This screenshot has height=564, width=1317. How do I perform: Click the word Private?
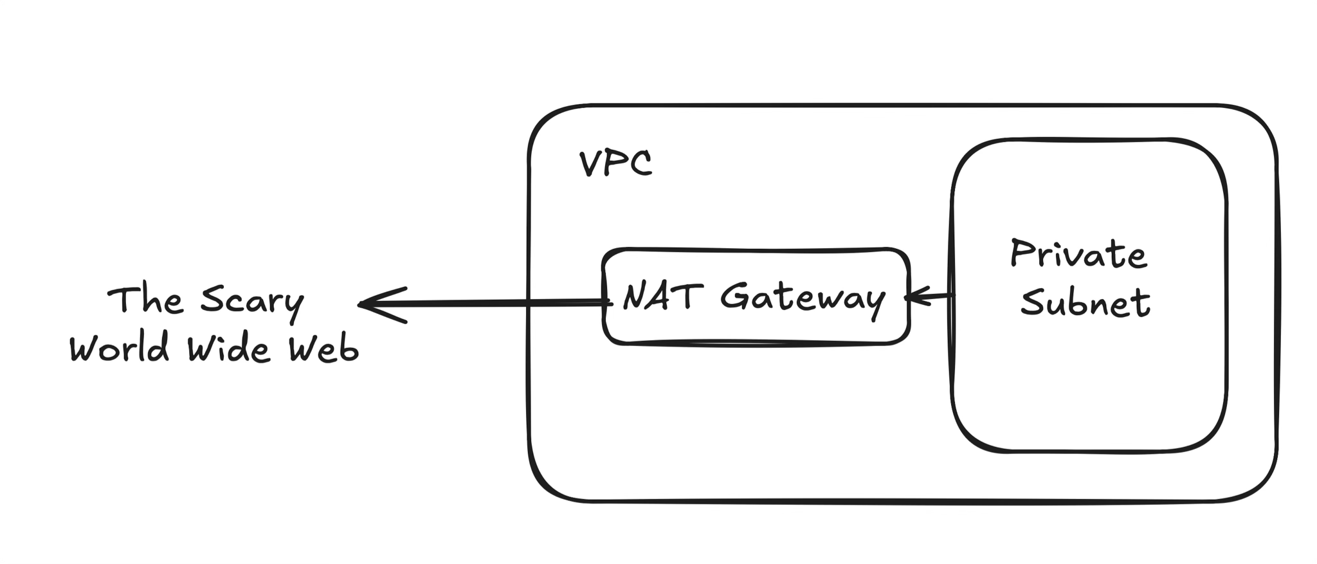(x=1078, y=255)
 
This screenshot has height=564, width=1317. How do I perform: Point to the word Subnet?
(x=1085, y=302)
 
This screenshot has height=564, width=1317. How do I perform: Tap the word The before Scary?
(x=145, y=300)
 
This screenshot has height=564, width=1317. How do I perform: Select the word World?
(x=120, y=350)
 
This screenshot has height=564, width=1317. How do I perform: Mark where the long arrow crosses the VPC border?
(x=529, y=302)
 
